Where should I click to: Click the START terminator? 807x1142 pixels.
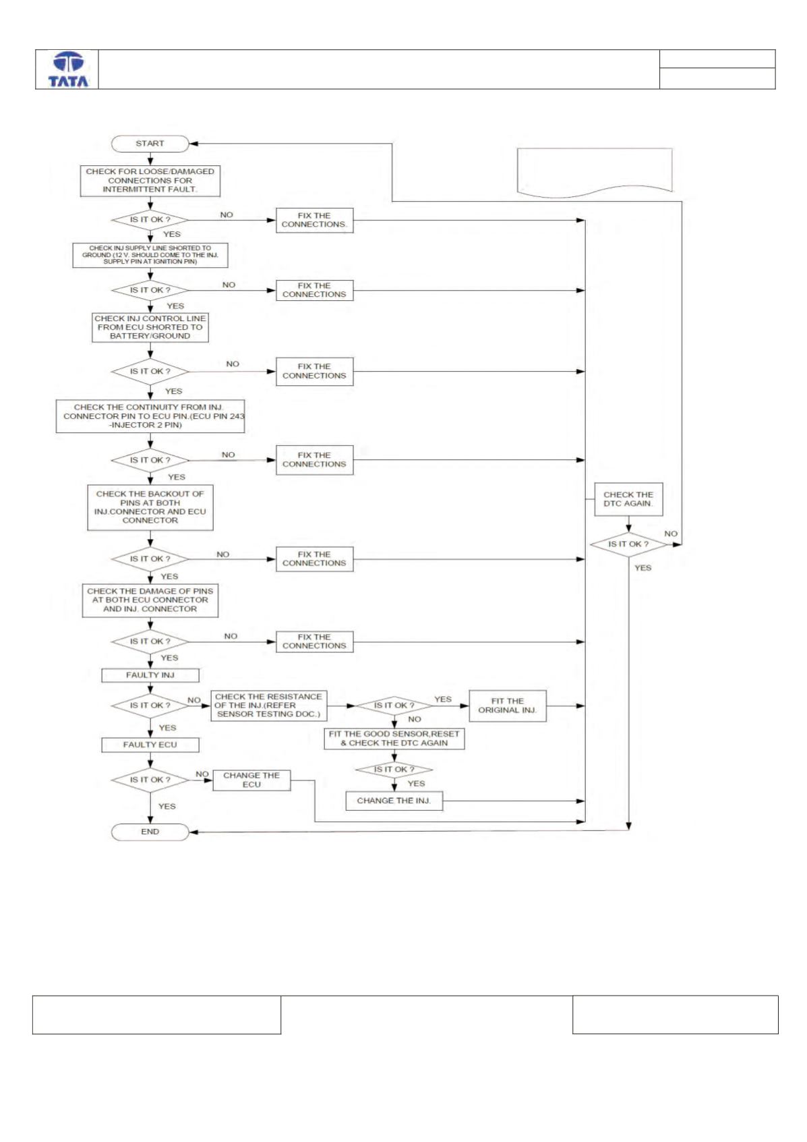click(x=150, y=144)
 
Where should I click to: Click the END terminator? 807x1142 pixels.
click(x=150, y=832)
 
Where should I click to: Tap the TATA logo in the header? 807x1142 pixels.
click(x=68, y=69)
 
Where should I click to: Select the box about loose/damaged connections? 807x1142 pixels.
click(x=150, y=181)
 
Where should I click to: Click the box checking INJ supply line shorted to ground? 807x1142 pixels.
click(x=150, y=255)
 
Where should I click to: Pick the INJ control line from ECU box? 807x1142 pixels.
click(x=150, y=327)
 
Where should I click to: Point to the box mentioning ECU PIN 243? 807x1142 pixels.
click(x=150, y=416)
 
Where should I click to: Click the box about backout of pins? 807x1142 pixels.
click(x=150, y=507)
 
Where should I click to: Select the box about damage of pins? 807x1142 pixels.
click(x=150, y=600)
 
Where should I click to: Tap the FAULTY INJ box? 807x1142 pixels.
click(x=150, y=675)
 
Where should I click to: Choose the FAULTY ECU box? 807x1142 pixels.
click(x=150, y=745)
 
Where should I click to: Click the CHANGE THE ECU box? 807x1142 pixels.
click(x=251, y=780)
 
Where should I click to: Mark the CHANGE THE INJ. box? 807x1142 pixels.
click(x=394, y=801)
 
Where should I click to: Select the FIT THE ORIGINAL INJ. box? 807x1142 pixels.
click(x=508, y=706)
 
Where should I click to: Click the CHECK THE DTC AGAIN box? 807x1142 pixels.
click(x=628, y=499)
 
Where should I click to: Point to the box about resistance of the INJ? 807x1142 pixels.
click(x=268, y=706)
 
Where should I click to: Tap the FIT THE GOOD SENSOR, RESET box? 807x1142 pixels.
click(x=394, y=739)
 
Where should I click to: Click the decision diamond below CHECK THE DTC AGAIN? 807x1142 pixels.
click(x=628, y=544)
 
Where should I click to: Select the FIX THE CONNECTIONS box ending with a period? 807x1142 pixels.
click(x=314, y=221)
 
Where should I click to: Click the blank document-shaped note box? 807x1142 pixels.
click(x=595, y=172)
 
